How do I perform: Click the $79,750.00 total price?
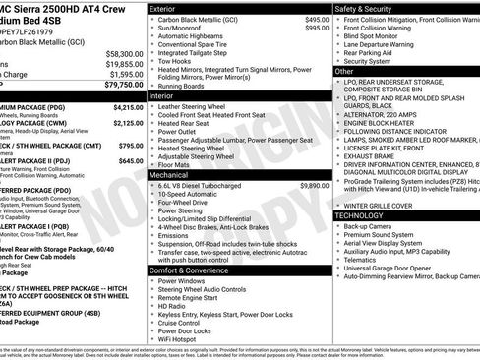tap(115, 85)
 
